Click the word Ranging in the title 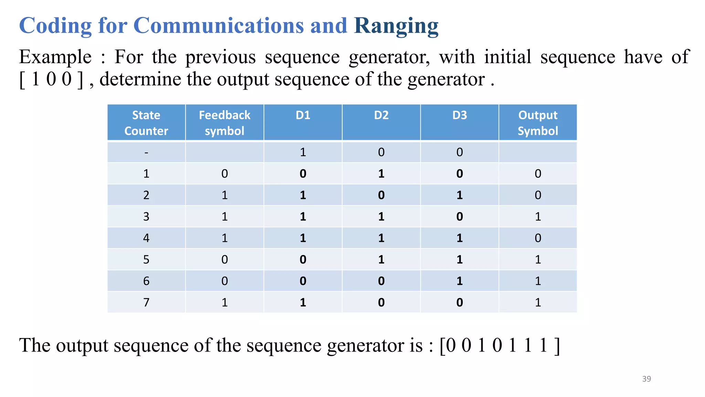396,26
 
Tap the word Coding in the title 55,26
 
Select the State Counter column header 146,123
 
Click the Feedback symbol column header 224,123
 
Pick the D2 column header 381,115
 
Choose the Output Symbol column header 538,123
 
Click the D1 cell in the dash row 303,152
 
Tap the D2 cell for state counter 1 381,174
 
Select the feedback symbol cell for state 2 224,195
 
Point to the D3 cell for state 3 460,217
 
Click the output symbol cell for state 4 538,238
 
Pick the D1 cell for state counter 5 303,259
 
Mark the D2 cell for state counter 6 381,281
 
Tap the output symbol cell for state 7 538,303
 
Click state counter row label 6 146,281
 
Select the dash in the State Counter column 146,152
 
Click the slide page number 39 646,379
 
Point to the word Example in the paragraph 55,57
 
